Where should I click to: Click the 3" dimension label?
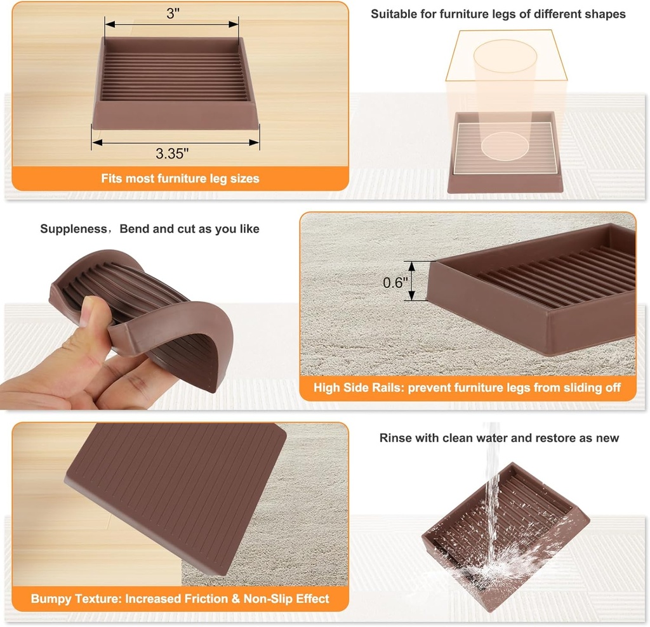(x=173, y=13)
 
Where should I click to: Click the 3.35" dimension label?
(x=172, y=153)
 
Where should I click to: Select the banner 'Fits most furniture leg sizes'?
(x=180, y=179)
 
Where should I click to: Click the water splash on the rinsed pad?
(x=492, y=564)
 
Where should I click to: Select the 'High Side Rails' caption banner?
(x=467, y=387)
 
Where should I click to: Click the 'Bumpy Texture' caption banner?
(x=180, y=598)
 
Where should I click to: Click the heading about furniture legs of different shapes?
(x=498, y=14)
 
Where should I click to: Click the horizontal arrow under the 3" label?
(x=172, y=25)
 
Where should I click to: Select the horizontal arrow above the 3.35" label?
(x=176, y=142)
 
